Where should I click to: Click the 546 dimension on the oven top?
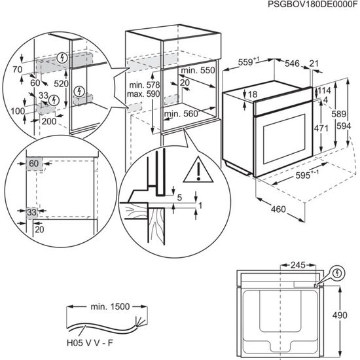tap(291, 63)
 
